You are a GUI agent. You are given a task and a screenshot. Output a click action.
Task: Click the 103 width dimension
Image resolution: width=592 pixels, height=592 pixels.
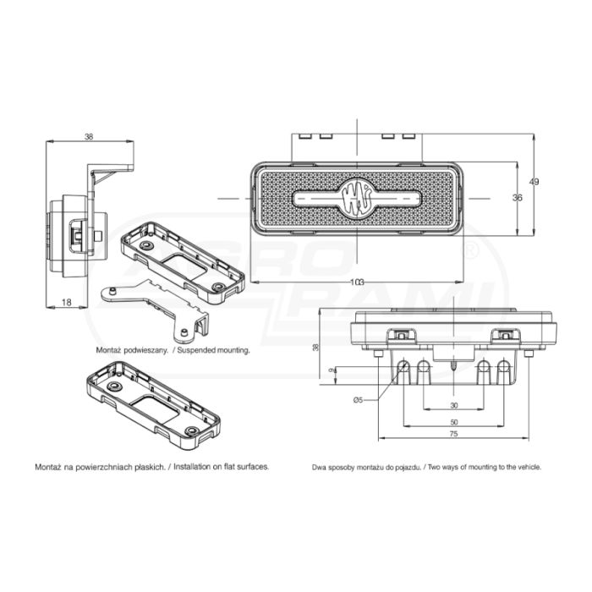tap(357, 282)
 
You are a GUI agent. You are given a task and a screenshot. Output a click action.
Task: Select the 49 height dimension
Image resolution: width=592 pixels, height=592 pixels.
tap(534, 182)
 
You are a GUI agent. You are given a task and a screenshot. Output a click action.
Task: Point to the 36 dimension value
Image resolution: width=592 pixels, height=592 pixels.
tap(518, 197)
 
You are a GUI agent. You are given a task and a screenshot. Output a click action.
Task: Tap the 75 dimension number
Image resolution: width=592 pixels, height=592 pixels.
tap(454, 434)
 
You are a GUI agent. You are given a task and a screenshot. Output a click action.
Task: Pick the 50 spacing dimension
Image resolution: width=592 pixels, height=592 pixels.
tap(454, 422)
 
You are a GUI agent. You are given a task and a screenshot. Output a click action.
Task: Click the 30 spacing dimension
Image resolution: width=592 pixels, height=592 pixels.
tap(454, 405)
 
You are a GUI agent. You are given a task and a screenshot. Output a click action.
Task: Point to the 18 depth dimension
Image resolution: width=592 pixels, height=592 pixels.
tap(67, 302)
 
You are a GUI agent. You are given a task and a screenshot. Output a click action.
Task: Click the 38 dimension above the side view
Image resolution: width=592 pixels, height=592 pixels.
tap(89, 137)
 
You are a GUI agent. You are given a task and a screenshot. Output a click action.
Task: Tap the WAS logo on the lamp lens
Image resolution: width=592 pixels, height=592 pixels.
tap(357, 198)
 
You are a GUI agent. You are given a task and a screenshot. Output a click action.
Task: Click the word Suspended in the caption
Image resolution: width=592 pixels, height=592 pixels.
tap(195, 350)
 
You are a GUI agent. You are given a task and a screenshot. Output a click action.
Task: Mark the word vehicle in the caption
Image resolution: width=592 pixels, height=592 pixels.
tap(529, 467)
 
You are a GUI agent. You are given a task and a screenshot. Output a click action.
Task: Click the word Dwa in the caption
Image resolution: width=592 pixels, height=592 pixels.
tap(317, 468)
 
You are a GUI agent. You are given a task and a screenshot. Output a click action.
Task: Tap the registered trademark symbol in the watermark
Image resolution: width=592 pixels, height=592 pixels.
tap(471, 252)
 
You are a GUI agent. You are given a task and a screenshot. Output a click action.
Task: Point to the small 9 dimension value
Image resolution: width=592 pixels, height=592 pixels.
tap(332, 370)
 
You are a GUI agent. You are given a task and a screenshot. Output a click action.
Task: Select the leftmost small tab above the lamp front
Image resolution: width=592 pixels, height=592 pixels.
tap(305, 136)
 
